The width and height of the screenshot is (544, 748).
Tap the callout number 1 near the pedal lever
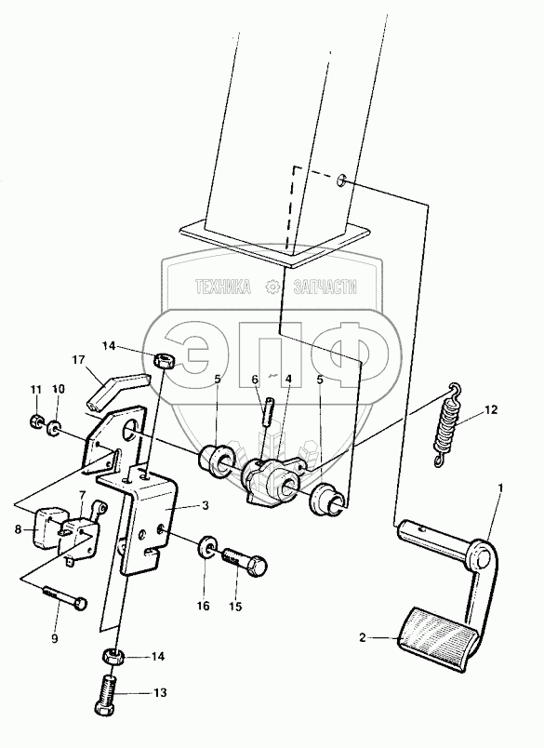click(500, 488)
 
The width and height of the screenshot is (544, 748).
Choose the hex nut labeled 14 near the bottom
click(113, 657)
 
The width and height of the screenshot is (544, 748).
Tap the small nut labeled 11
click(35, 421)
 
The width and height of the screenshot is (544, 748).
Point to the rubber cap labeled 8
click(46, 528)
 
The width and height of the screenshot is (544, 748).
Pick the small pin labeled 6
click(268, 409)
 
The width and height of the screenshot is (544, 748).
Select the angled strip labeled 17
click(117, 390)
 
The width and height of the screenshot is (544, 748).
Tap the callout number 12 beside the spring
click(491, 409)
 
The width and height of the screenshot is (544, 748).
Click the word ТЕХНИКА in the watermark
click(223, 287)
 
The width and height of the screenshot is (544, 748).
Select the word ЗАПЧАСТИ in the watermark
click(325, 287)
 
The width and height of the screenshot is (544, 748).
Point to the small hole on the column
click(342, 181)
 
